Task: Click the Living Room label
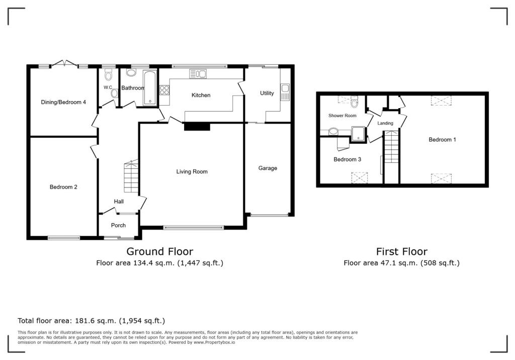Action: [192, 172]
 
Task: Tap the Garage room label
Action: [268, 168]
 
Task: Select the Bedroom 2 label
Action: [63, 187]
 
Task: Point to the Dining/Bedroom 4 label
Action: [63, 102]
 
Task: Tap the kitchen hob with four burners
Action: [164, 91]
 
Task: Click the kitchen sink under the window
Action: [198, 74]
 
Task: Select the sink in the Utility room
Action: [285, 92]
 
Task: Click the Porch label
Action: [118, 225]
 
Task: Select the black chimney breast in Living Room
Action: [197, 127]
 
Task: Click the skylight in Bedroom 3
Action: [360, 177]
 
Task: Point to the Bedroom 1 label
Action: [442, 140]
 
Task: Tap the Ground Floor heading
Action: [159, 251]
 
